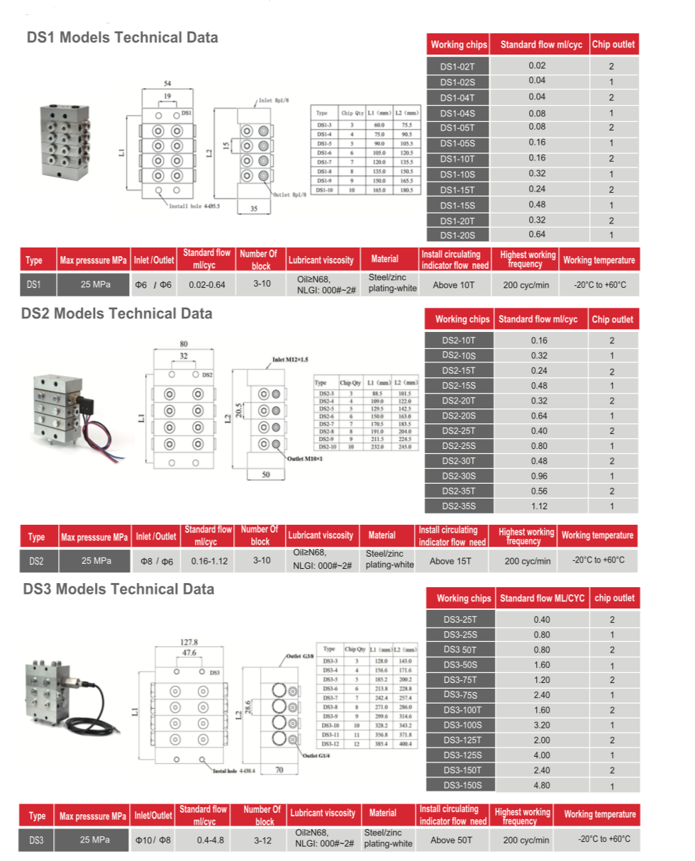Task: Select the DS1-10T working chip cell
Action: (458, 158)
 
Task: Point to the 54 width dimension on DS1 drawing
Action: (168, 83)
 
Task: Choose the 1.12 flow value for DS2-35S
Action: (539, 506)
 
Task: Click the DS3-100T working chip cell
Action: (462, 710)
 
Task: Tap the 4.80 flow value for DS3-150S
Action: (542, 785)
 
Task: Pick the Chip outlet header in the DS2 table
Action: (612, 319)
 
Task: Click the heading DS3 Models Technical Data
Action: (118, 589)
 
